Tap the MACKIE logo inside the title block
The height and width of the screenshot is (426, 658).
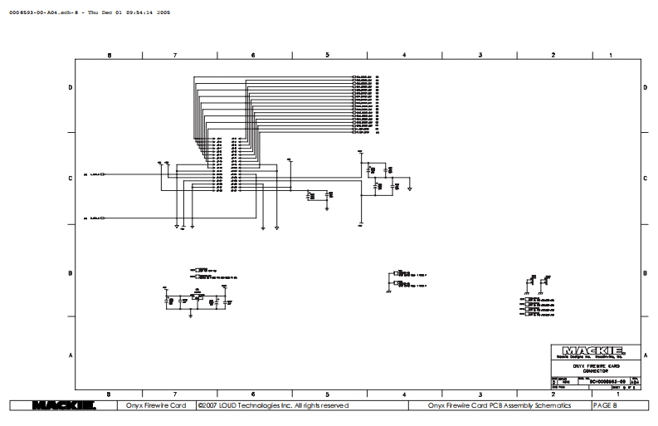coord(595,350)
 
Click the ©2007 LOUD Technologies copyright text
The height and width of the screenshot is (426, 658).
coord(276,406)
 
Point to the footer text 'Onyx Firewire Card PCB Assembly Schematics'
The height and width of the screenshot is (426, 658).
coord(501,406)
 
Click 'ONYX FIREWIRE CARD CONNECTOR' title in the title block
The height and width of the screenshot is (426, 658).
coord(595,366)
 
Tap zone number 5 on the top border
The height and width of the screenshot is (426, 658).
coord(328,55)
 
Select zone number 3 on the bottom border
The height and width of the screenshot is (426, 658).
coord(480,394)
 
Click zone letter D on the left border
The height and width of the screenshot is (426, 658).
coord(70,86)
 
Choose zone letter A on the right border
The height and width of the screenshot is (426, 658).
coord(645,355)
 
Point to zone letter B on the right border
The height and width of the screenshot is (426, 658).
coord(645,273)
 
